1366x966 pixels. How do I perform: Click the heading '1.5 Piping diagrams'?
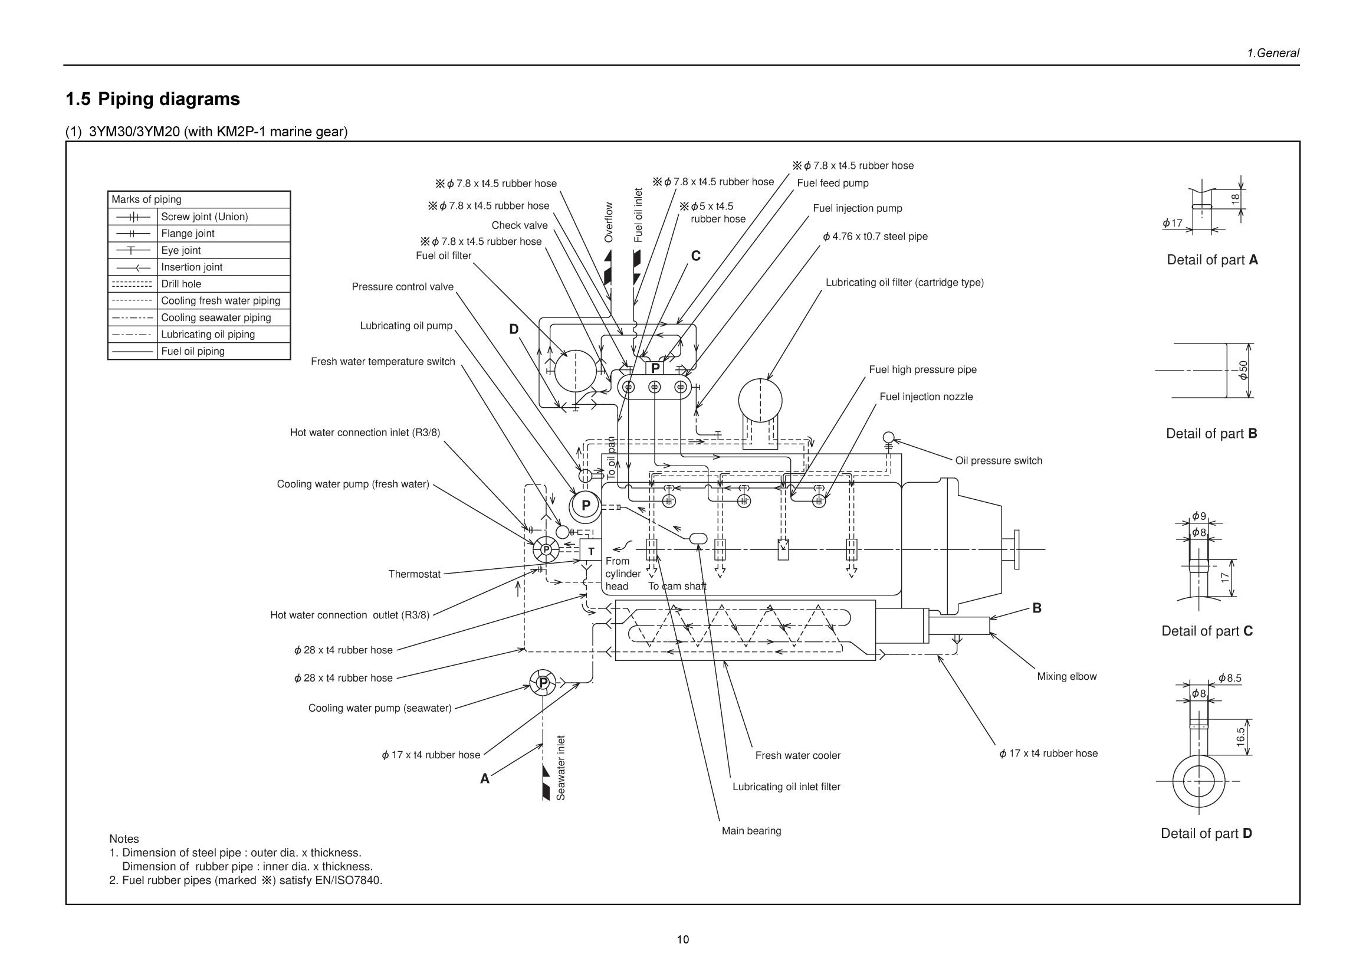(x=153, y=99)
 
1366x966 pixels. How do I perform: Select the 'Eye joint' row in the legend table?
(x=199, y=250)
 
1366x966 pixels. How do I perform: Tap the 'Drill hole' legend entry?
(x=199, y=284)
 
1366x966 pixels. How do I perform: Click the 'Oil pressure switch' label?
(x=999, y=460)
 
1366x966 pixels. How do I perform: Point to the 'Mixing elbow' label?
(x=1066, y=676)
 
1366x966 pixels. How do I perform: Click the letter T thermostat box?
(x=591, y=551)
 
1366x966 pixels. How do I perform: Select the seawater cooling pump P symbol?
(x=543, y=683)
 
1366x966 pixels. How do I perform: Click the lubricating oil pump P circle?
(x=586, y=505)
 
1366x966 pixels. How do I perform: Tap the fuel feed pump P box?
(x=655, y=368)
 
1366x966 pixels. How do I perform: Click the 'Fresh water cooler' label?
(x=797, y=755)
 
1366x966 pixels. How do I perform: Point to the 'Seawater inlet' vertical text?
(x=560, y=768)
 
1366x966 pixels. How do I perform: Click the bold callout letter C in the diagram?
(x=695, y=256)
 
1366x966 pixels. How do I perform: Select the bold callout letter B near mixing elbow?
(x=1036, y=608)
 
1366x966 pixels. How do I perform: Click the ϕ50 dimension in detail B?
(x=1243, y=370)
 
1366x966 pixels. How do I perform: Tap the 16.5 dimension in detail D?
(x=1240, y=737)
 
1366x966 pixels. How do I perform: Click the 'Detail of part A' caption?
(x=1212, y=260)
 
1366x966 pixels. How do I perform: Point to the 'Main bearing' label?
(x=751, y=830)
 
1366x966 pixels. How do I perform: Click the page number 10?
(x=682, y=939)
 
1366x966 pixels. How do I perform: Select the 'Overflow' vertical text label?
(x=608, y=222)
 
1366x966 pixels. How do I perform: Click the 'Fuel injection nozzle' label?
(x=926, y=397)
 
